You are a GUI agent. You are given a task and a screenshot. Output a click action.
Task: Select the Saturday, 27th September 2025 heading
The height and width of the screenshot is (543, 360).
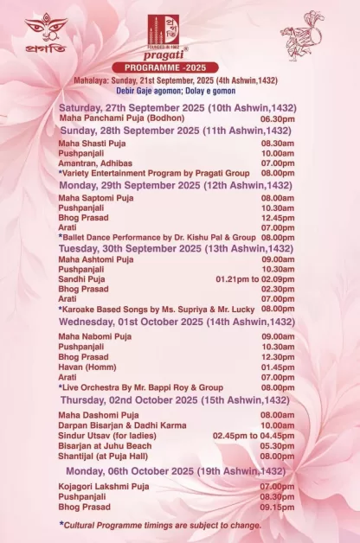(173, 106)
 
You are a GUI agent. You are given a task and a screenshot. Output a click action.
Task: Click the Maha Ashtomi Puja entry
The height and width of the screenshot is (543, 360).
(96, 259)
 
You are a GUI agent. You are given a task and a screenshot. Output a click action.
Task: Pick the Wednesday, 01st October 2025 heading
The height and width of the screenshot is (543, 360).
(177, 322)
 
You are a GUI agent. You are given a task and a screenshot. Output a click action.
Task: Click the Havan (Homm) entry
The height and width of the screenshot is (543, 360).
(87, 367)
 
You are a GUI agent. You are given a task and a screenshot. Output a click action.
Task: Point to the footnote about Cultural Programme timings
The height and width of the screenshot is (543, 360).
(160, 525)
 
